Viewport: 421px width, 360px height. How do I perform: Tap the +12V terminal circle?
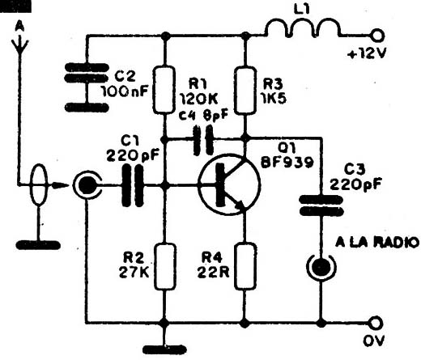coord(378,36)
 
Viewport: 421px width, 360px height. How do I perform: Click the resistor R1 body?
coord(164,89)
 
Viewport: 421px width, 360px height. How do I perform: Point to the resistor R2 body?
coord(164,266)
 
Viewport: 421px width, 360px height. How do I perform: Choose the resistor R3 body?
coord(245,91)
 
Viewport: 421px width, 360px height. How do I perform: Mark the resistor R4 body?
coord(245,266)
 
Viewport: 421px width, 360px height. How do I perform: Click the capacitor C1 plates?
coord(133,185)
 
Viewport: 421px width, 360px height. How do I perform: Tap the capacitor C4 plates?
coord(203,140)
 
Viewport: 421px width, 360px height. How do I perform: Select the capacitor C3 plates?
coord(321,205)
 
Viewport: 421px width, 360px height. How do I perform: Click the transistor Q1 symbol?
coord(229,184)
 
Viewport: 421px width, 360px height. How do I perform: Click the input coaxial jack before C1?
coord(87,186)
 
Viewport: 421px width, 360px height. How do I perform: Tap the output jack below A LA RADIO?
coord(321,267)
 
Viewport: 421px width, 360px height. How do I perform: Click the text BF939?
coord(287,163)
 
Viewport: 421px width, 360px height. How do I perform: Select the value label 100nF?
coord(125,92)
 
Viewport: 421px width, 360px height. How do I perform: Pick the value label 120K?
coord(199,100)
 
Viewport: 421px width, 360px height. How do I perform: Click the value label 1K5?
coord(274,99)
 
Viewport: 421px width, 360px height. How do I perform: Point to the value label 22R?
coord(213,273)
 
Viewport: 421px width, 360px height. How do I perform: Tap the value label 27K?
coord(134,273)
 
